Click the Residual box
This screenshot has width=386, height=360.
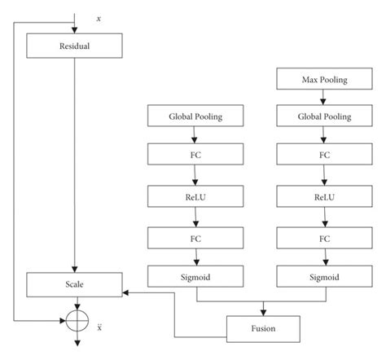(74, 46)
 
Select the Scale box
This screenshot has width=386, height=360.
(74, 285)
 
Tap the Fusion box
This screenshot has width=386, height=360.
(262, 328)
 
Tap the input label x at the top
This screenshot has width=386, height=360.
(99, 17)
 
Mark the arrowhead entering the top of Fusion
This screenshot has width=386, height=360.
(262, 313)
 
